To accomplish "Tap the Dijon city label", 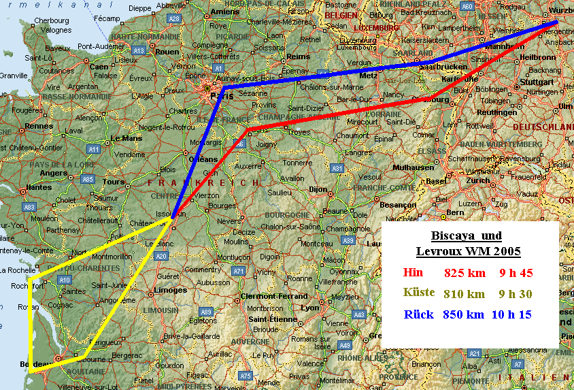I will pyautogui.click(x=318, y=189).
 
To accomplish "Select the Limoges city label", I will pyautogui.click(x=170, y=290).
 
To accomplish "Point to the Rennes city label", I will pyautogui.click(x=39, y=126).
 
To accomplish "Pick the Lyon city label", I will pyautogui.click(x=310, y=307).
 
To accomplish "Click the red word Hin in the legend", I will pyautogui.click(x=413, y=273).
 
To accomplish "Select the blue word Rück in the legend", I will pyautogui.click(x=419, y=314).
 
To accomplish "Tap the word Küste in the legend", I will pyautogui.click(x=419, y=293).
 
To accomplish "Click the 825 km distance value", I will pyautogui.click(x=465, y=274).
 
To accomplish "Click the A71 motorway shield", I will pyautogui.click(x=238, y=271).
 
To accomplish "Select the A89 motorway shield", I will pyautogui.click(x=206, y=312).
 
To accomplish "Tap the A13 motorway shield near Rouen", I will pyautogui.click(x=139, y=50).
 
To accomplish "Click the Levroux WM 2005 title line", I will pyautogui.click(x=468, y=251).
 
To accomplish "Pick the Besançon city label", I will pyautogui.click(x=397, y=204).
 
